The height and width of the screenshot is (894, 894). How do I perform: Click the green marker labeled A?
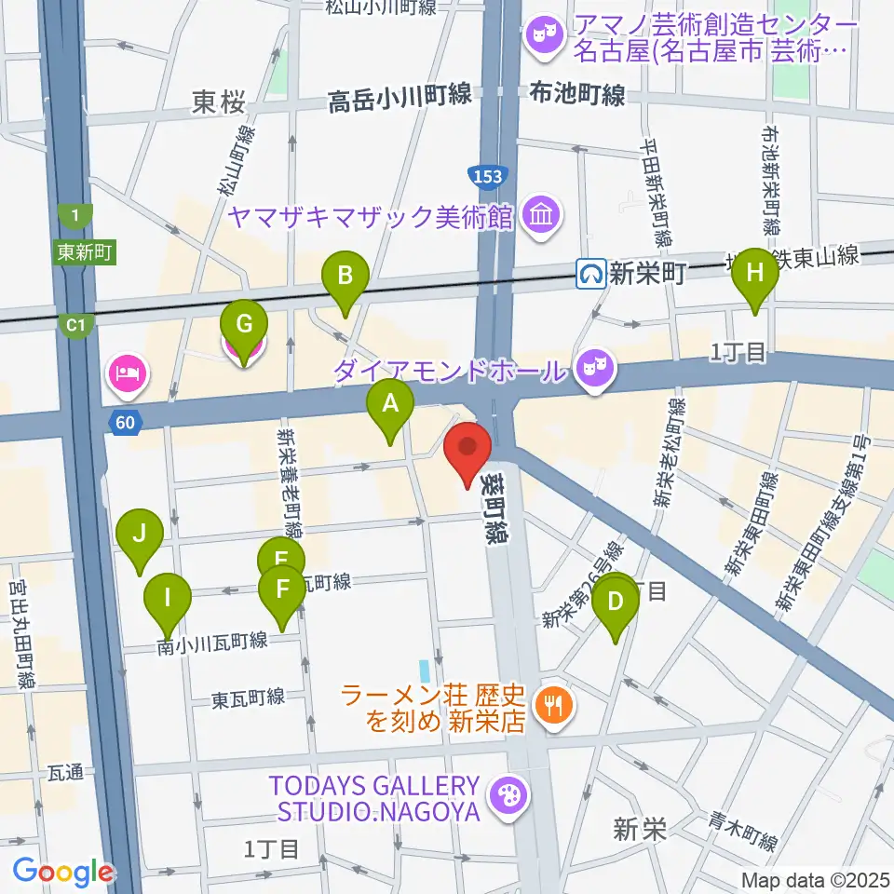(390, 405)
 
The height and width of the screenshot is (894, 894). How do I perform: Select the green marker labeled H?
(754, 273)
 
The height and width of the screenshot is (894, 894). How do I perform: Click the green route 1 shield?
(74, 216)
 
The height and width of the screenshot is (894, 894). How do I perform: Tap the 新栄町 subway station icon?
(589, 273)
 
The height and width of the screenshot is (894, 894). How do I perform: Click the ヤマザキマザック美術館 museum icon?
(540, 216)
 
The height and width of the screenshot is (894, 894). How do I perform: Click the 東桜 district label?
(219, 102)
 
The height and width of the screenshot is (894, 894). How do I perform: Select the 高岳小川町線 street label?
(399, 101)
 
